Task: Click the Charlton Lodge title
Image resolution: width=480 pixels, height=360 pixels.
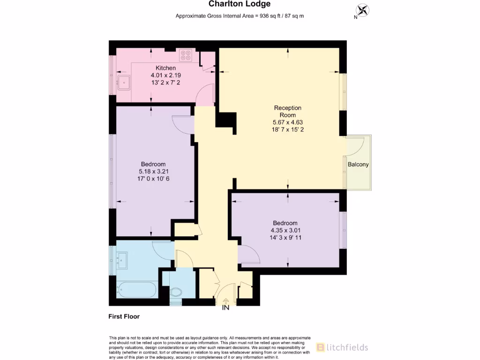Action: point(240,4)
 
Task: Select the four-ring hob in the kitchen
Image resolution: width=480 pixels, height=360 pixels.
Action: point(186,56)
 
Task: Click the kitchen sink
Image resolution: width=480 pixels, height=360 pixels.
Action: point(124,82)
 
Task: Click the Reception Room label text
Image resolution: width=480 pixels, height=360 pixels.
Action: point(287,112)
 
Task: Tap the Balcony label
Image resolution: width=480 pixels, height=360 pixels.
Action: point(358,165)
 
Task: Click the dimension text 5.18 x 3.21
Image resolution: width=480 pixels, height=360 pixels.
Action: point(153,171)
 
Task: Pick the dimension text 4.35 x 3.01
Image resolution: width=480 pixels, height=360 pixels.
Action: point(285,230)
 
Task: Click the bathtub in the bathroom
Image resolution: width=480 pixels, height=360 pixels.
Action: point(137,289)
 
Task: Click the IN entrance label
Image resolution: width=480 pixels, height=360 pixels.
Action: point(225,307)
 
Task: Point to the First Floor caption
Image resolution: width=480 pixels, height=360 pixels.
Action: point(124,316)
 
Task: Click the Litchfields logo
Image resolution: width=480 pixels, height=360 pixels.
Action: point(342,347)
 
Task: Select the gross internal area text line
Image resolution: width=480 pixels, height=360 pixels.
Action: point(240,16)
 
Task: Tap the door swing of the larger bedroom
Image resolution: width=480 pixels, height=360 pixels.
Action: point(182,123)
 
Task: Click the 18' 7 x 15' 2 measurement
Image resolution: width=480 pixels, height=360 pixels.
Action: point(287,129)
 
